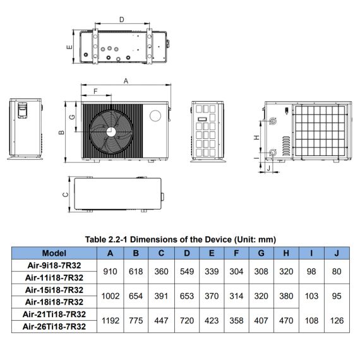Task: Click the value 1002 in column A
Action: tap(111, 296)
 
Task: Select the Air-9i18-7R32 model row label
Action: tap(54, 265)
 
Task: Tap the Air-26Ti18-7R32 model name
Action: tap(54, 327)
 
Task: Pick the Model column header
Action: tap(54, 253)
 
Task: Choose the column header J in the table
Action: tap(337, 253)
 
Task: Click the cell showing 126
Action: tap(337, 320)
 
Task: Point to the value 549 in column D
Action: tap(187, 272)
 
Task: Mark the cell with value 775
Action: tap(136, 320)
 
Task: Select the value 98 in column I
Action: tap(311, 272)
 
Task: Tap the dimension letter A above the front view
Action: tap(126, 81)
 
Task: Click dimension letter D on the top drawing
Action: tap(122, 20)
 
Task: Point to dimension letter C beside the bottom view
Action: tap(66, 195)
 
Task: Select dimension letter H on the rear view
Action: tap(256, 137)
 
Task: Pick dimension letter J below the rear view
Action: tap(268, 168)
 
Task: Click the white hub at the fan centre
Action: tap(111, 132)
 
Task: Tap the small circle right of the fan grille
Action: tap(155, 116)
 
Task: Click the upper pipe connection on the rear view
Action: tap(273, 121)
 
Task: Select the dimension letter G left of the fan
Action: tap(72, 117)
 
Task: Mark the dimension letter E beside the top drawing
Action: tap(69, 47)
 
